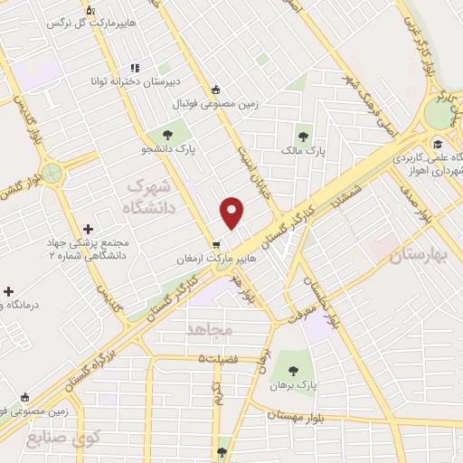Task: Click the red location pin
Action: [x=232, y=212]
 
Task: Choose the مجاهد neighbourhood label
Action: [x=209, y=329]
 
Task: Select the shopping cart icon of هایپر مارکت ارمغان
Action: [x=215, y=244]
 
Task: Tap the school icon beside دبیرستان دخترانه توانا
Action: [x=135, y=68]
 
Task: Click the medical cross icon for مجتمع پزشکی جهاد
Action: [x=88, y=230]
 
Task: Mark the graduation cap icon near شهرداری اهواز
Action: [x=438, y=143]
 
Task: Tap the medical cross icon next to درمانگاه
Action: [x=8, y=291]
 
